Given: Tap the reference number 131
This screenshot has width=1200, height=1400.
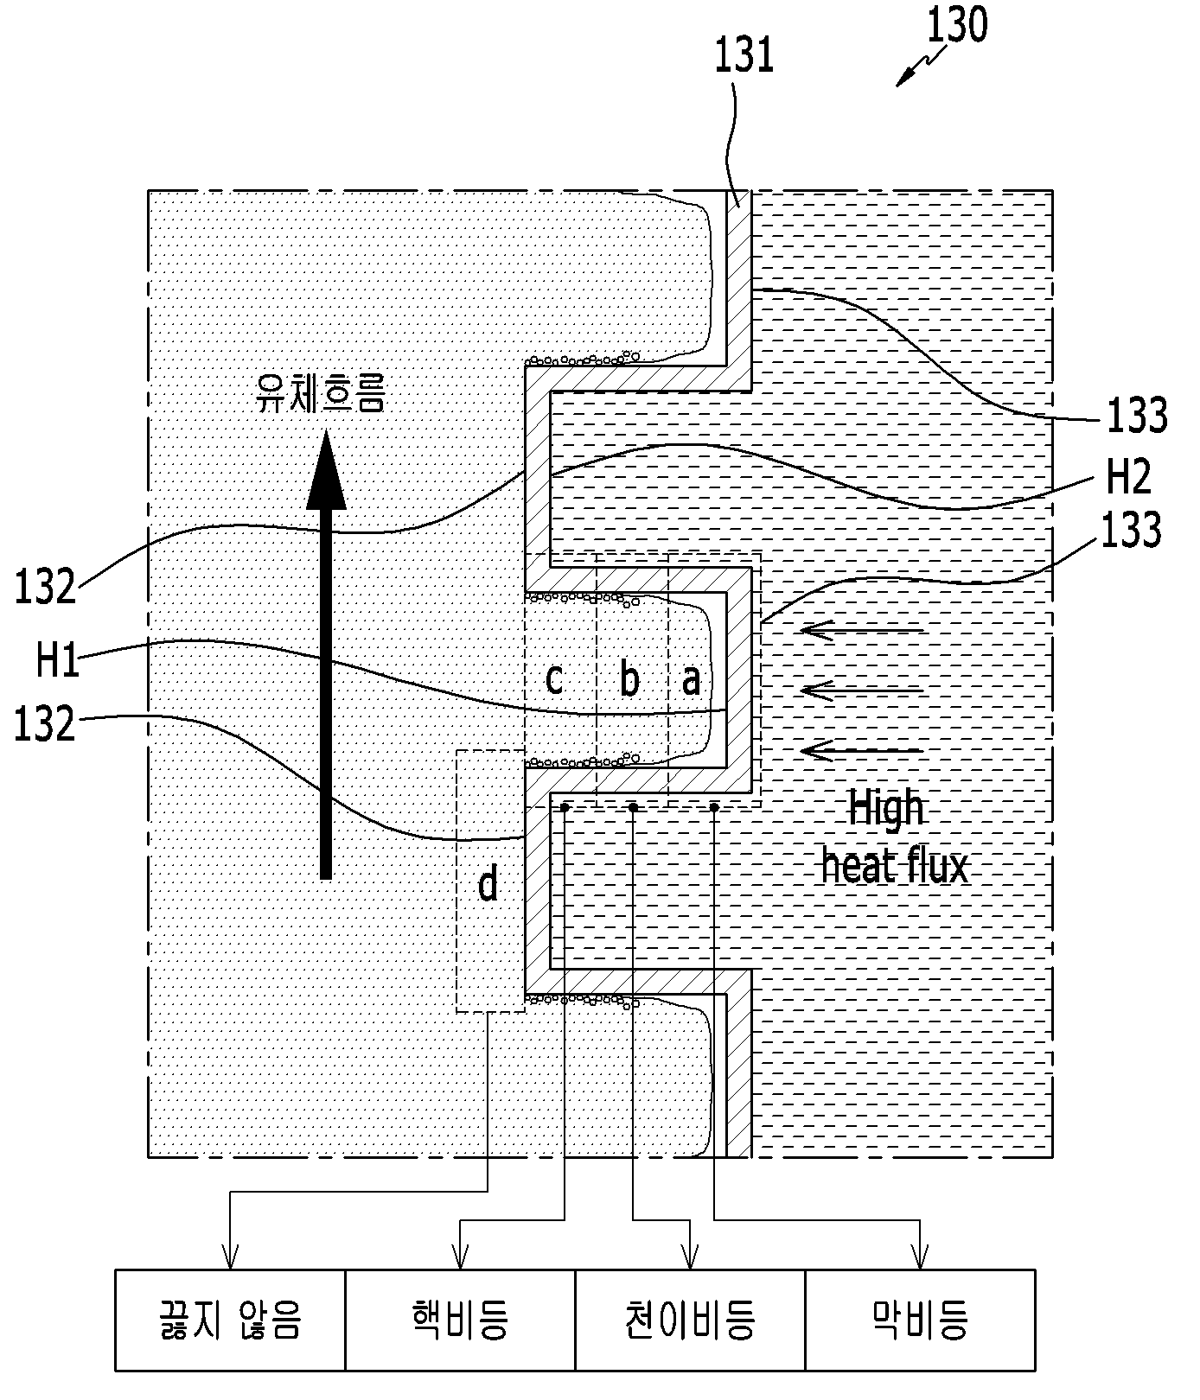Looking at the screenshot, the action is click(x=744, y=55).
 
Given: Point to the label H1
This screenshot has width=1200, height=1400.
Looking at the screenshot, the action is click(x=58, y=660).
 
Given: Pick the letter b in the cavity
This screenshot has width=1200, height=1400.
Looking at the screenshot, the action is click(x=630, y=678).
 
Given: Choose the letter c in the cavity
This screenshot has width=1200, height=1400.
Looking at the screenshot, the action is click(x=555, y=679).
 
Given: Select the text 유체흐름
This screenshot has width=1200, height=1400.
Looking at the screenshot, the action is click(x=320, y=393).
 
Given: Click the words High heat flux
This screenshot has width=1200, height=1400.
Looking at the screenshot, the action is click(x=894, y=837).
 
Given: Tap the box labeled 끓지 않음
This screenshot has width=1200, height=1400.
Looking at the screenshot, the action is click(x=230, y=1320).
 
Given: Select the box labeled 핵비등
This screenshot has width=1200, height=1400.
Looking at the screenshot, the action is click(x=460, y=1320).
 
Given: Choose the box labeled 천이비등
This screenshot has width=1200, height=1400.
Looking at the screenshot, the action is click(x=690, y=1320).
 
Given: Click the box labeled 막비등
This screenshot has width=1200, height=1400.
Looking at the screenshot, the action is click(x=921, y=1320).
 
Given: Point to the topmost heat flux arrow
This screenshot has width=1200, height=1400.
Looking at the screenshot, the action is click(x=862, y=631).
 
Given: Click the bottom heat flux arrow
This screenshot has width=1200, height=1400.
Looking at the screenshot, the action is click(x=862, y=750).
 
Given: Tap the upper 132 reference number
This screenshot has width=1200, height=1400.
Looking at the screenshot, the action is click(x=45, y=587).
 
